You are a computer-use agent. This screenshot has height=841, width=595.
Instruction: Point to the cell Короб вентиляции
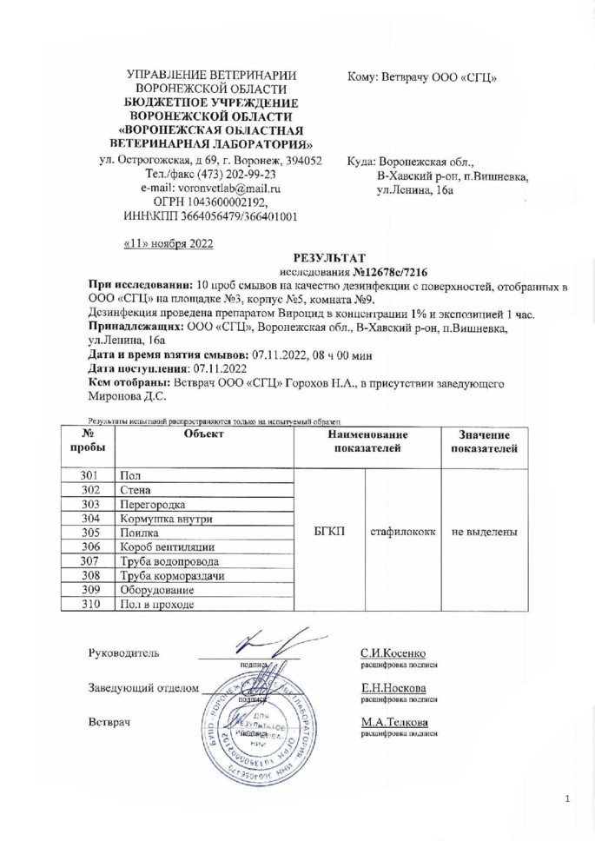coord(162,546)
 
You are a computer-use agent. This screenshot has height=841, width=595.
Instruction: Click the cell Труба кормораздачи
coord(172,575)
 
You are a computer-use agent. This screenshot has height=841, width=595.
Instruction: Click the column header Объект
coord(205,433)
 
